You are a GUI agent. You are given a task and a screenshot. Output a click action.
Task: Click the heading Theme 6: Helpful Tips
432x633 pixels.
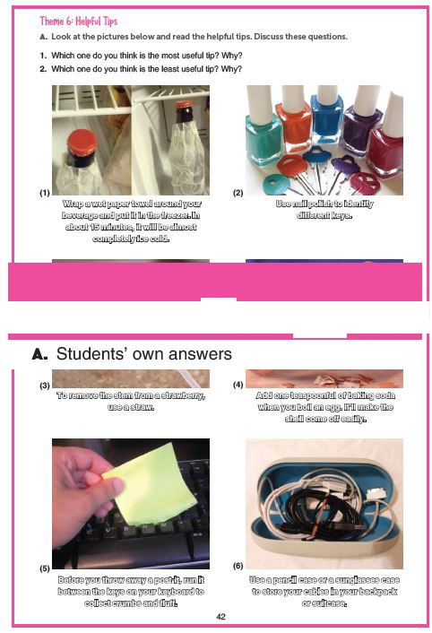pyautogui.click(x=79, y=21)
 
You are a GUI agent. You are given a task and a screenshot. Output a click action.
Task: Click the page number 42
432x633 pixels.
pyautogui.click(x=220, y=617)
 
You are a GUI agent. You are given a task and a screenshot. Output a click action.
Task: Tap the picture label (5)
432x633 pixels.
pyautogui.click(x=45, y=568)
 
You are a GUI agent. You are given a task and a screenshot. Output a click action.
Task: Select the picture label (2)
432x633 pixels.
pyautogui.click(x=238, y=193)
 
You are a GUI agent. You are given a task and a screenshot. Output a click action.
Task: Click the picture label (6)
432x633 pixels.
pyautogui.click(x=238, y=566)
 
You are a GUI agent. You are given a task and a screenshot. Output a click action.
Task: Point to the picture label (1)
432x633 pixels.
pyautogui.click(x=45, y=193)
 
